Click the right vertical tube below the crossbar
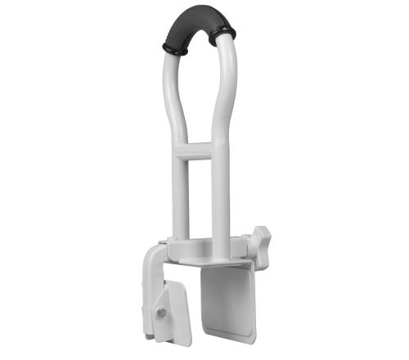(x=218, y=196)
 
